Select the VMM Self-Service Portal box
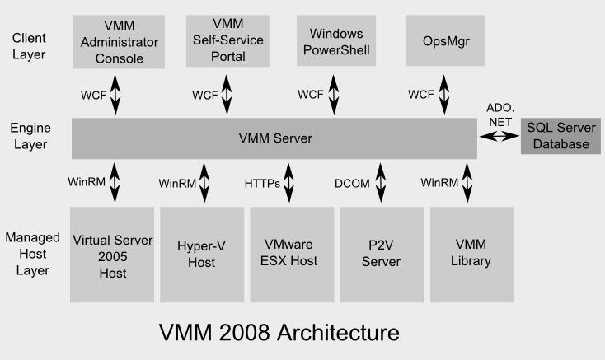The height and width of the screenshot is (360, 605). pyautogui.click(x=227, y=40)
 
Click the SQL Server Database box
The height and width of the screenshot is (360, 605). pyautogui.click(x=560, y=137)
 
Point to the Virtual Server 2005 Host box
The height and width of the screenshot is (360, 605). pyautogui.click(x=112, y=255)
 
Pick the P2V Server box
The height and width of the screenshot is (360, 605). pyautogui.click(x=381, y=255)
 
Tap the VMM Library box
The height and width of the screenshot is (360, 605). pyautogui.click(x=471, y=255)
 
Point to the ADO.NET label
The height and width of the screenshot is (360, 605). pyautogui.click(x=499, y=115)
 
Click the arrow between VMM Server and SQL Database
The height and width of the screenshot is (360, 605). pyautogui.click(x=499, y=138)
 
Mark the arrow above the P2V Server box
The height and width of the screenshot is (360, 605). pyautogui.click(x=381, y=182)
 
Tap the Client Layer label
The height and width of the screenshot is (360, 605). pyautogui.click(x=29, y=46)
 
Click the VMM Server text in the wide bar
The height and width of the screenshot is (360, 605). pyautogui.click(x=274, y=138)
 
